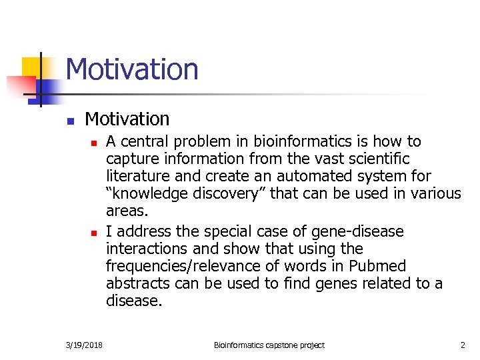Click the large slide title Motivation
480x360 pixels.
(x=132, y=69)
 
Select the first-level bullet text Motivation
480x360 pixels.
(x=127, y=119)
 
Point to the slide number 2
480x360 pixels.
(x=462, y=345)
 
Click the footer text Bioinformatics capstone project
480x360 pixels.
(x=269, y=345)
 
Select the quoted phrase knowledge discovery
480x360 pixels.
(x=178, y=194)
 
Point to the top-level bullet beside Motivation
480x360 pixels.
(x=69, y=121)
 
